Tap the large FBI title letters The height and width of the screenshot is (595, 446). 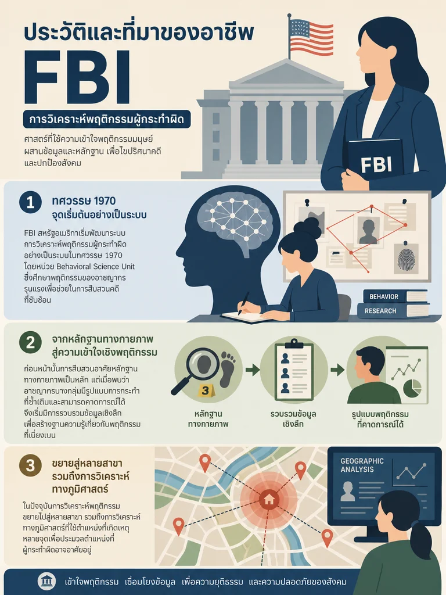pos(77,78)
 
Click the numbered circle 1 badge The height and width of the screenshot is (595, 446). pos(30,202)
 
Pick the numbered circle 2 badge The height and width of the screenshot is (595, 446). pos(30,343)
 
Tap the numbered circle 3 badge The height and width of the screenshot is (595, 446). pos(30,465)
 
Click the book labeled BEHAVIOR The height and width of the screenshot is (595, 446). pos(395,296)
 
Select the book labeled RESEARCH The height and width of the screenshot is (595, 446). pos(393,311)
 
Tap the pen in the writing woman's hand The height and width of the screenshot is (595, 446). pos(243,303)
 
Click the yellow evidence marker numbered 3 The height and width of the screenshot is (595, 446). pos(205,390)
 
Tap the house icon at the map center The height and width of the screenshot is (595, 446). pos(268,499)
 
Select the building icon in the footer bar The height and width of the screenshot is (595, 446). pos(46,581)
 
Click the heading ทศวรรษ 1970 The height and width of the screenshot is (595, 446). pos(84,200)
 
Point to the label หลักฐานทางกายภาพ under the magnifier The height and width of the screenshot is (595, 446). pos(208,418)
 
